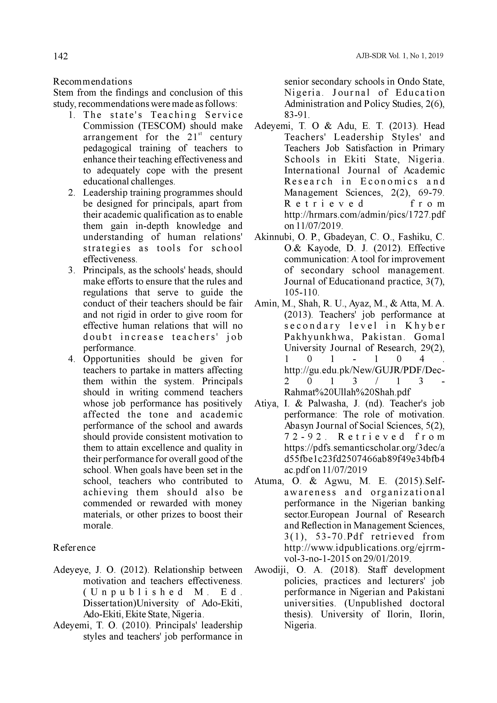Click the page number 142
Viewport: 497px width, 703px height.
(60, 56)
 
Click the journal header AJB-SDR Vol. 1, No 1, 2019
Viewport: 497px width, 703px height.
(400, 56)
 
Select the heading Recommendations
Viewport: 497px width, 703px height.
(92, 82)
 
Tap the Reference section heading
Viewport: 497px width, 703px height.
(74, 547)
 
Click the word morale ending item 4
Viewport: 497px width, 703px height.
(98, 525)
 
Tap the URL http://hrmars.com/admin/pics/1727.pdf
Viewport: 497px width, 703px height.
(365, 215)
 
